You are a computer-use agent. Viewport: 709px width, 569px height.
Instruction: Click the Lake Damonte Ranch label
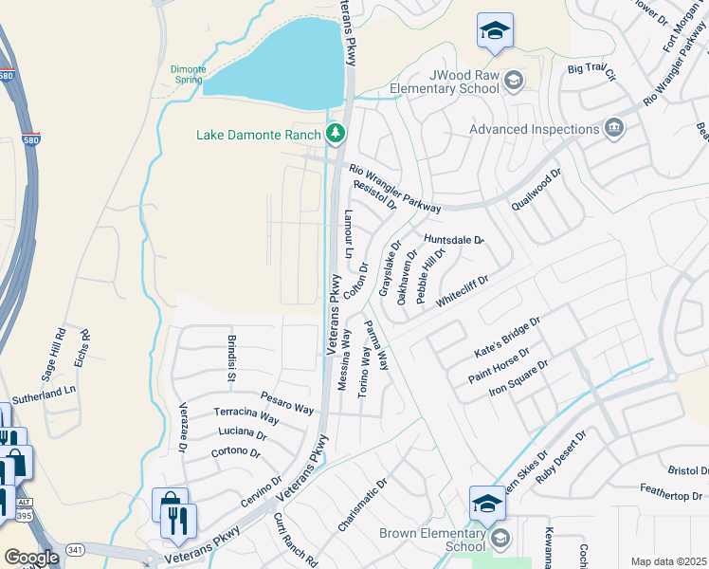(x=259, y=135)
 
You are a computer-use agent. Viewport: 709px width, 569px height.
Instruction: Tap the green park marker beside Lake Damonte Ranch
(x=334, y=134)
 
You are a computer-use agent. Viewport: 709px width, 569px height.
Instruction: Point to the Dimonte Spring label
(x=187, y=74)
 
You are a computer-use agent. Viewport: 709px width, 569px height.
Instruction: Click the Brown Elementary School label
(x=432, y=540)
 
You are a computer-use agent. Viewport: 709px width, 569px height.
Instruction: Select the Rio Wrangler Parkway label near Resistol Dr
(x=395, y=188)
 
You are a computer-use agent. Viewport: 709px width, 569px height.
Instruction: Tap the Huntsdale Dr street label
(x=454, y=240)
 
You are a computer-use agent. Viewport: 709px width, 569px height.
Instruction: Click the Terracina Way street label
(x=245, y=417)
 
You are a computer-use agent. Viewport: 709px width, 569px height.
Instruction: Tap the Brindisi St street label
(x=230, y=357)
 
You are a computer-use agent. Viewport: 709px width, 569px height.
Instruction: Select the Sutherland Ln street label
(x=44, y=391)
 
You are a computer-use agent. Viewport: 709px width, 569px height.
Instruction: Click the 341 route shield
(x=76, y=549)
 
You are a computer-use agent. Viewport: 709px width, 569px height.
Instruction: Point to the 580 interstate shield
(x=7, y=76)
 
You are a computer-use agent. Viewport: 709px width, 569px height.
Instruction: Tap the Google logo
(x=31, y=557)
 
